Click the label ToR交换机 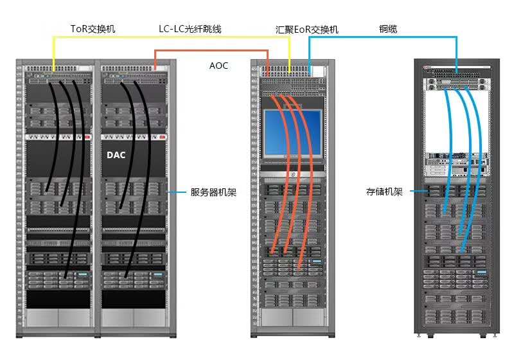(93, 29)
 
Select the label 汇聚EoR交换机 (306, 30)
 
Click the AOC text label (218, 66)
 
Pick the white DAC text (116, 155)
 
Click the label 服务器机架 (213, 192)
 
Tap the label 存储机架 (384, 192)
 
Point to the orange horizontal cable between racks (212, 51)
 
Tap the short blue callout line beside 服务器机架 (177, 192)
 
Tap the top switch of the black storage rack (457, 73)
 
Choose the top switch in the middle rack (292, 72)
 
